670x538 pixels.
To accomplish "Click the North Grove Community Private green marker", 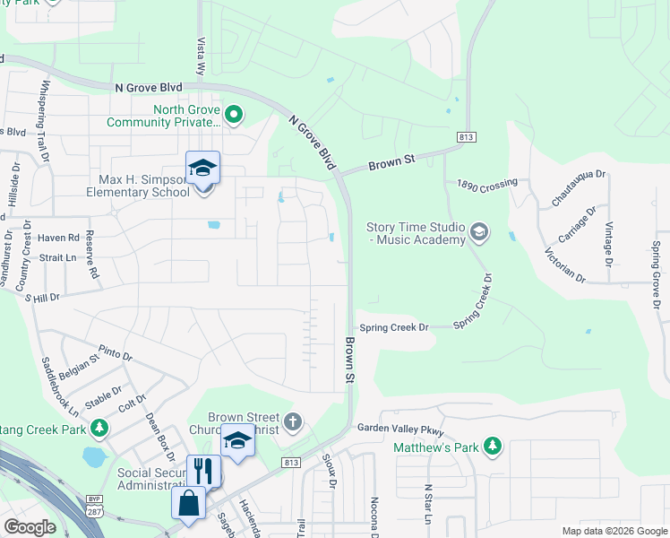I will (234, 114).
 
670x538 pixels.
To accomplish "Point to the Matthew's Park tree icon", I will (492, 445).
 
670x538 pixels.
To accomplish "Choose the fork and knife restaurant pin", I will (203, 471).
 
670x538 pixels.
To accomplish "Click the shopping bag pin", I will (190, 504).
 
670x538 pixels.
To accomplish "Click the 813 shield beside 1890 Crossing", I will (468, 136).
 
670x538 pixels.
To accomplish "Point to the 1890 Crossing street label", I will (487, 184).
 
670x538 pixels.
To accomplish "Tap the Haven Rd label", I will (59, 238).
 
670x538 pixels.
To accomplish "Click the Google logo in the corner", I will (30, 527).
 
